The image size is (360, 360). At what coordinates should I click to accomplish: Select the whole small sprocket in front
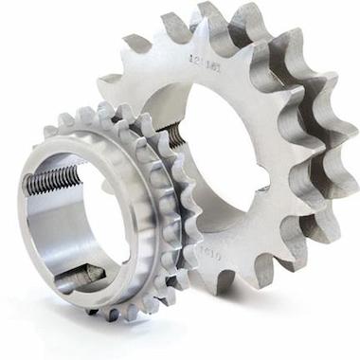click(104, 218)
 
